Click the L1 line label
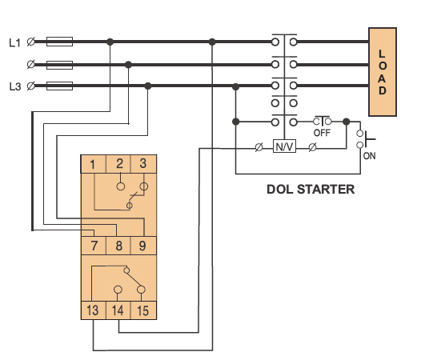(14, 42)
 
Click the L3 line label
(15, 86)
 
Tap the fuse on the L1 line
(60, 42)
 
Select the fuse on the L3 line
(60, 86)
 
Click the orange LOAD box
(383, 72)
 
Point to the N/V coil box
(284, 146)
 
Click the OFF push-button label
(322, 133)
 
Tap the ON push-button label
(369, 156)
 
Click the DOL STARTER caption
(311, 190)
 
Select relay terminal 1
(93, 164)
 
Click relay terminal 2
(118, 164)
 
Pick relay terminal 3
(143, 164)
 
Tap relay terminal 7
(94, 246)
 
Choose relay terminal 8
(118, 246)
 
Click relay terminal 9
(143, 246)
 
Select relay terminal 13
(93, 310)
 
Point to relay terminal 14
(118, 310)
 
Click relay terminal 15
(143, 310)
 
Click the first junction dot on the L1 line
(110, 42)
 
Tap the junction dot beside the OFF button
(346, 122)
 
